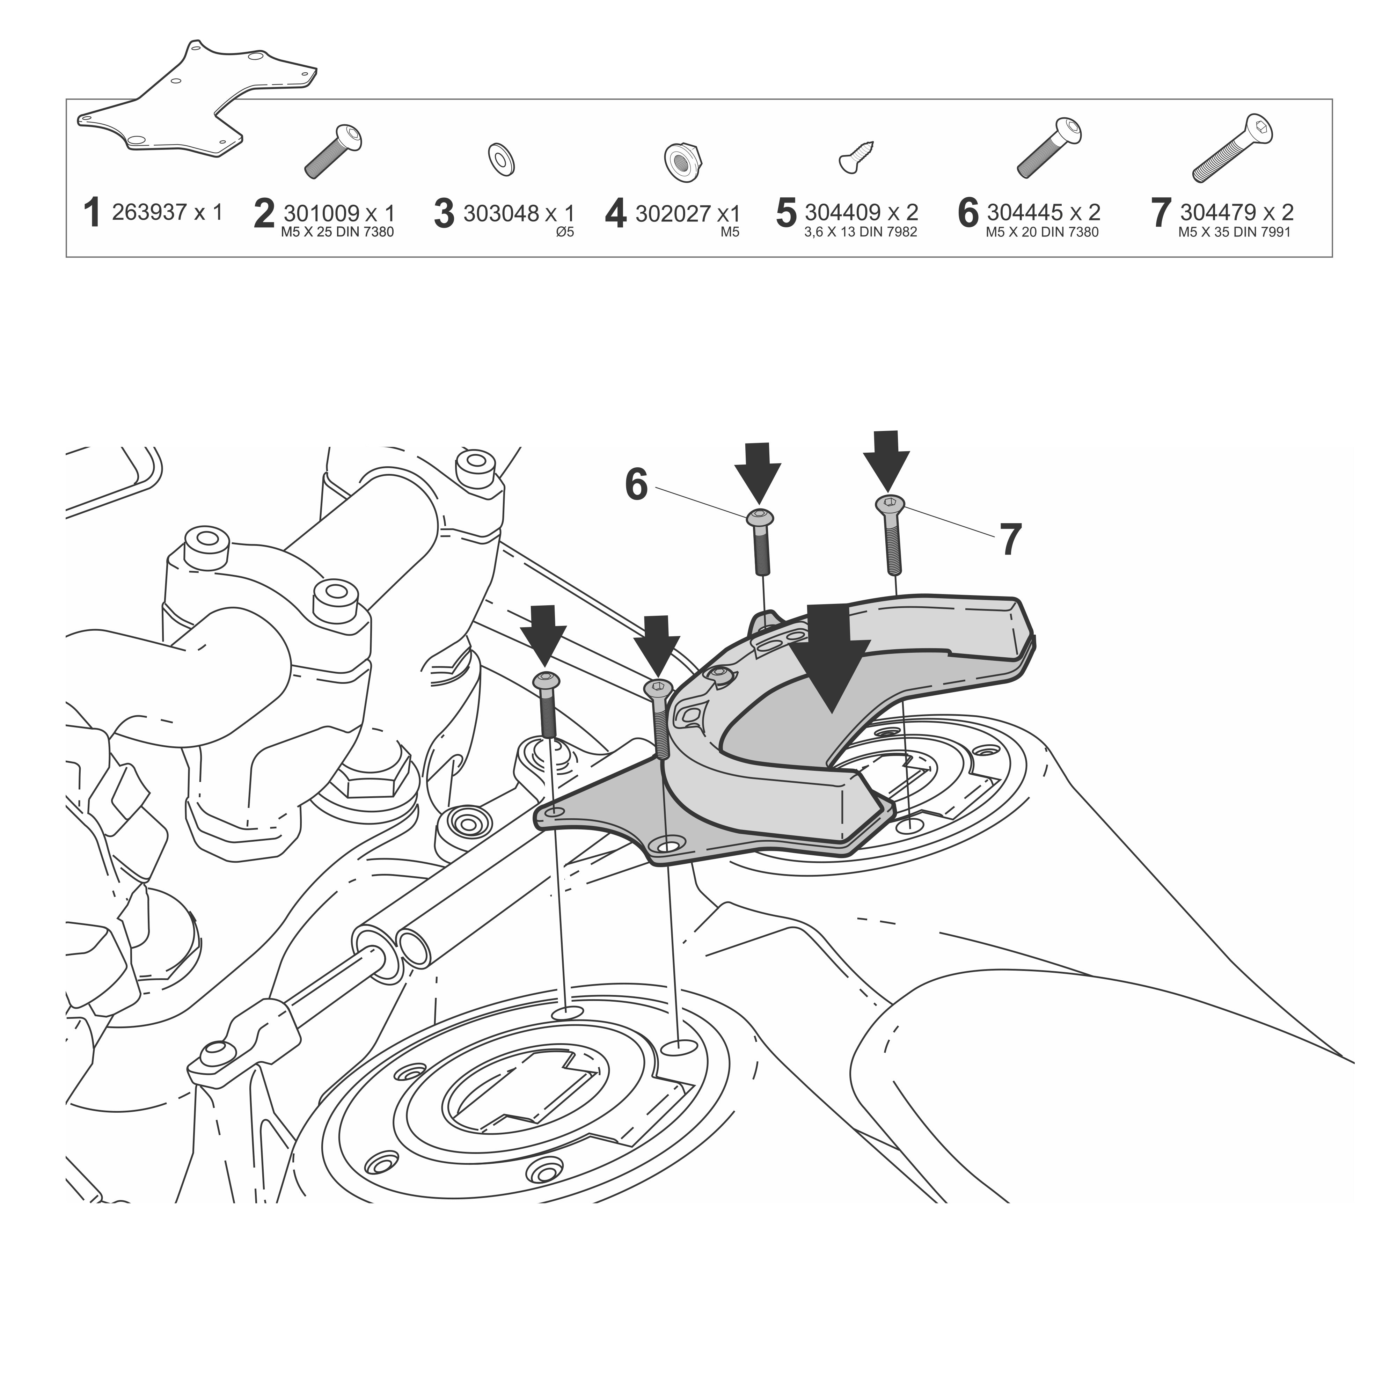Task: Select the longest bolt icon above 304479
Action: click(x=1232, y=148)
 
